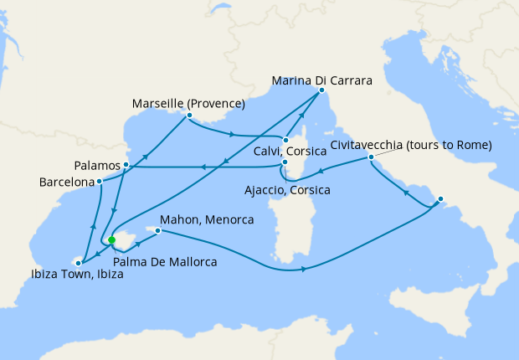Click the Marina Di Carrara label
point(322,81)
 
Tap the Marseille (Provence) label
point(188,104)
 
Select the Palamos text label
point(97,165)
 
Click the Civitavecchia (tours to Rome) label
point(410,145)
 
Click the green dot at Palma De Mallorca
point(111,239)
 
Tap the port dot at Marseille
point(189,115)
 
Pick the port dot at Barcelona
point(99,180)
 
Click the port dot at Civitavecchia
point(370,157)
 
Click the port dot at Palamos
point(126,165)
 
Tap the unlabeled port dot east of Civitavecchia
point(440,200)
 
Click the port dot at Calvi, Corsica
point(285,140)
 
